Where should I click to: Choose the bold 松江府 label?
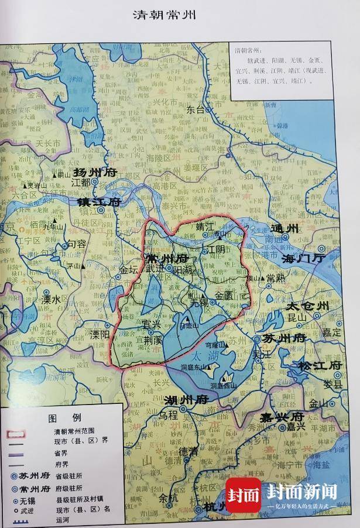click(320, 365)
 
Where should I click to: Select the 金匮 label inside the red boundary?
click(224, 296)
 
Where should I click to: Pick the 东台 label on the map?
click(197, 109)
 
